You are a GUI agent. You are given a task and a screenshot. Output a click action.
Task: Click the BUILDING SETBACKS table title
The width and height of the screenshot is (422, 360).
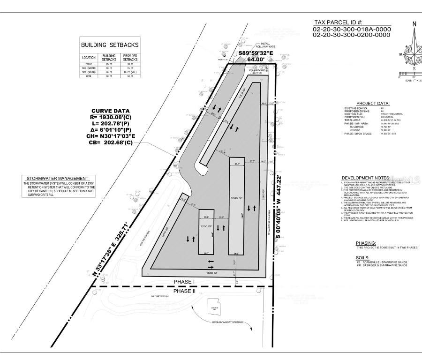coord(110,45)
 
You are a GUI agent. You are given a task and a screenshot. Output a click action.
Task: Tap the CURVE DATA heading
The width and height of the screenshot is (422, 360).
coord(111,111)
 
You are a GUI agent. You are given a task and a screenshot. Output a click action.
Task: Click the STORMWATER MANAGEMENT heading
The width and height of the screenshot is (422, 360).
coord(57,179)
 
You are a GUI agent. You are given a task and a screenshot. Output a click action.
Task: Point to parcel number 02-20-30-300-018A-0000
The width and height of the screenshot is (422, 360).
coord(351,29)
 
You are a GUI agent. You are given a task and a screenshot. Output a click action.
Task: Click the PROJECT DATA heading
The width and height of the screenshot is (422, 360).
coord(373,104)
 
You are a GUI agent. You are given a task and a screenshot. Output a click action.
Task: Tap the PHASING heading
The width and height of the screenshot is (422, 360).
coord(366,243)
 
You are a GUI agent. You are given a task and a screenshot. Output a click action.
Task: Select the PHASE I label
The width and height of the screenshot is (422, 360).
coord(184,282)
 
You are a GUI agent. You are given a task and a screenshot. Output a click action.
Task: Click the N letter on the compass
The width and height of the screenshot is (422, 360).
coord(414,24)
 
